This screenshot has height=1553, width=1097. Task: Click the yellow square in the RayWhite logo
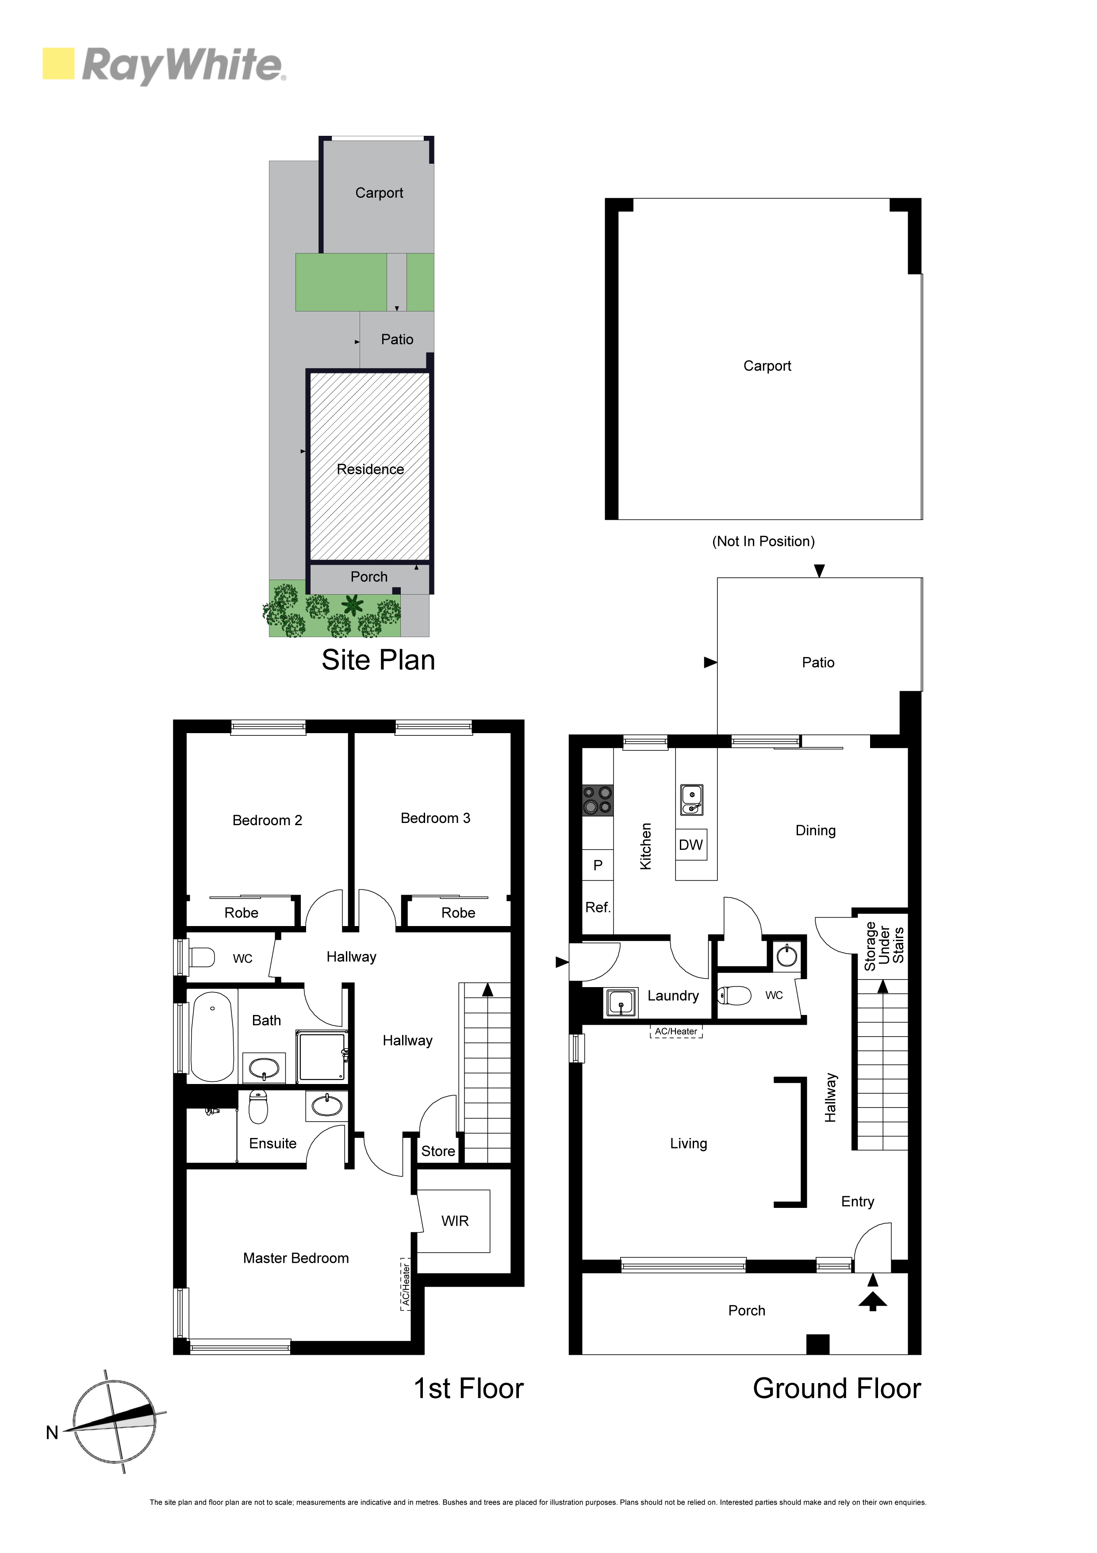coord(58,64)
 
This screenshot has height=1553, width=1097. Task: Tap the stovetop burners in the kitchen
coord(598,800)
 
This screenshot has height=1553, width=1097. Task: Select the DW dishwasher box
coord(691,845)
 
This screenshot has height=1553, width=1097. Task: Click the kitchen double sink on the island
coord(692,800)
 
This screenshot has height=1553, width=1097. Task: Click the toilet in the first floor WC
coord(202,958)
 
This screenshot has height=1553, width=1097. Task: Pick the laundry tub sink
coord(620,1002)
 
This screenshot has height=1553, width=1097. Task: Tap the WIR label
coord(455,1221)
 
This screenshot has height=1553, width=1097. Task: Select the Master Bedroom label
coord(296,1258)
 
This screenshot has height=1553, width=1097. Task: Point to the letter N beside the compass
coord(52,1433)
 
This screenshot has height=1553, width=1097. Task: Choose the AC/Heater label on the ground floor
coord(676,1031)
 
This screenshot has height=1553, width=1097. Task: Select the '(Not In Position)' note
coord(763,541)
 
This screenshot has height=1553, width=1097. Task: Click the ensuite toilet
coord(258,1106)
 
